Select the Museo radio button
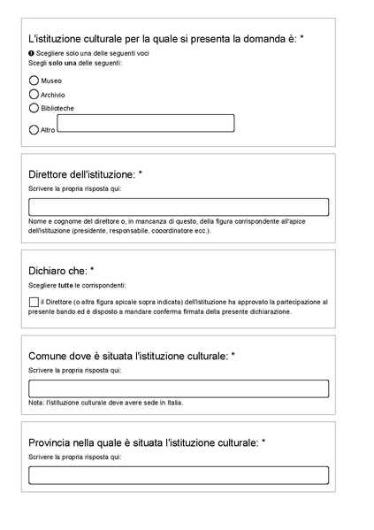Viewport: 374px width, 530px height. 34,80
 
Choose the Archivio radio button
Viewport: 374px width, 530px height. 34,94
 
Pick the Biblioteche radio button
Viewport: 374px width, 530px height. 34,108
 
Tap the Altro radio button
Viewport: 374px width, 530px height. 34,129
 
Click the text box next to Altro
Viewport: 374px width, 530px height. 145,123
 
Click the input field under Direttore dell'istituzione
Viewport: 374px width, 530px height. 178,207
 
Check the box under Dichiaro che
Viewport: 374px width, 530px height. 34,302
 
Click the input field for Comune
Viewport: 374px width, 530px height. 178,388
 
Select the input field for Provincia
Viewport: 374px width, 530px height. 178,475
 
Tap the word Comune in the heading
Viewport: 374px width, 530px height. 49,356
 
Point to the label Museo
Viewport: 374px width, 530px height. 51,81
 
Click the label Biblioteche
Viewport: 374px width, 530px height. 57,109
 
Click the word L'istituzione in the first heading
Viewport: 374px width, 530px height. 58,39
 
